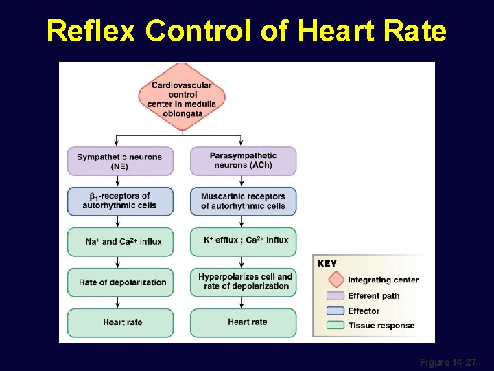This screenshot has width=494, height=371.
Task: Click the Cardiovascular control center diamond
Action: click(182, 95)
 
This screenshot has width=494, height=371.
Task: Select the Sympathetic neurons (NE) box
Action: click(120, 161)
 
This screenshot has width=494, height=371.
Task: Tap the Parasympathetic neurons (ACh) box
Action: click(244, 161)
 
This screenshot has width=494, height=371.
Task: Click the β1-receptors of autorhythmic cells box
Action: click(120, 201)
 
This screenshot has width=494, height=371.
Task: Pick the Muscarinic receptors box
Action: click(244, 201)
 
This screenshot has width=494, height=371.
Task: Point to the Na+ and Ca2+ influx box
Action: click(120, 242)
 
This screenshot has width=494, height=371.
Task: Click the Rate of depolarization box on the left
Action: click(120, 282)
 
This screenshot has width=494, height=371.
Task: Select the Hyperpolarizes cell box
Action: click(244, 282)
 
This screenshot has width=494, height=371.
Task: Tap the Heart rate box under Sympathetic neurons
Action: click(120, 322)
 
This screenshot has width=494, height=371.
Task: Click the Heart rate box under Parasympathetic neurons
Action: click(244, 322)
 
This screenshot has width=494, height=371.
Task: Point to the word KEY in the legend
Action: click(327, 264)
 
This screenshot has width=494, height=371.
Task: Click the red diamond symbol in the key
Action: click(336, 280)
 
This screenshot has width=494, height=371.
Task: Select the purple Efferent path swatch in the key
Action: click(336, 296)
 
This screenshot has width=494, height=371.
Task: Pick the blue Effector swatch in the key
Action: click(336, 311)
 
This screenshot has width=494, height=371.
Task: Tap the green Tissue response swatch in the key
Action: click(336, 326)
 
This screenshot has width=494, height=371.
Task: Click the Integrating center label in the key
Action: click(383, 280)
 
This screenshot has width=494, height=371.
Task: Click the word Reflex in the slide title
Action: click(92, 31)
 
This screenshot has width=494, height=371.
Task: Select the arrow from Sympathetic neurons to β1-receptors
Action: click(118, 181)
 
